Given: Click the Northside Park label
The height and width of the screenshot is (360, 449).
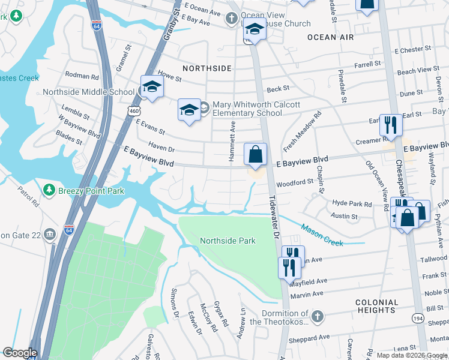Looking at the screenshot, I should click(228, 241).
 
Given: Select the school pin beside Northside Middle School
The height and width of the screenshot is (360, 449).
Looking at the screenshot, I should click(152, 87).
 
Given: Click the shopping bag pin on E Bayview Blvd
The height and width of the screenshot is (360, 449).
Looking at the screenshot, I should click(255, 154).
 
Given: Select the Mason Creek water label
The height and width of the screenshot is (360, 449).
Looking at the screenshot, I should click(322, 235).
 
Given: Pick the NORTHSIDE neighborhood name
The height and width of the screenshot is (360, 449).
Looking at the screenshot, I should click(206, 68).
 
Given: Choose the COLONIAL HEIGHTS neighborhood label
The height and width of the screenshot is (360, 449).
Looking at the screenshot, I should click(376, 307).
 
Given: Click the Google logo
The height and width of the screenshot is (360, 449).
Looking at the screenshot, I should click(20, 353).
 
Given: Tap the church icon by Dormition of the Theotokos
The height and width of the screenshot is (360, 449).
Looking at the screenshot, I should click(318, 315).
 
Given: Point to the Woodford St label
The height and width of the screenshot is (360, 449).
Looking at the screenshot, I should click(295, 181).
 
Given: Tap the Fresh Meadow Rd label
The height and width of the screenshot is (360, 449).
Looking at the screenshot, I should click(303, 130).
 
